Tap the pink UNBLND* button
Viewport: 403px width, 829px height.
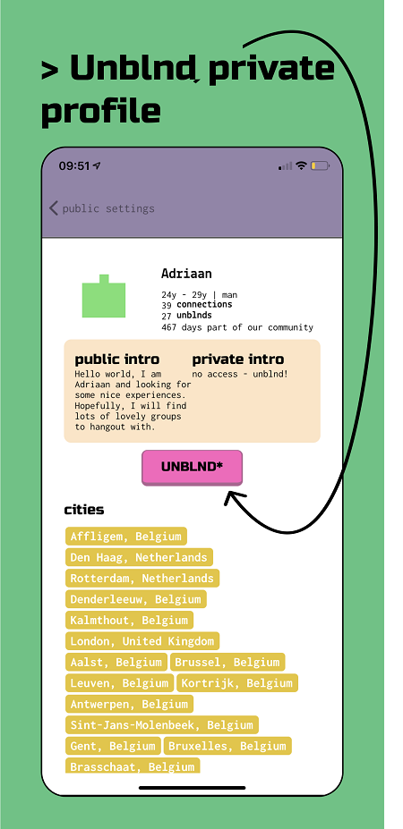(x=192, y=468)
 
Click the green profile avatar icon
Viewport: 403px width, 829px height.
(x=104, y=296)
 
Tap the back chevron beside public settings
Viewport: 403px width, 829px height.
(x=54, y=207)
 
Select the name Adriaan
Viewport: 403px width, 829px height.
(x=179, y=274)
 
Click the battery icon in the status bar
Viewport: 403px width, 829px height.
(x=320, y=166)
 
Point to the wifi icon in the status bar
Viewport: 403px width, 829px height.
(x=301, y=165)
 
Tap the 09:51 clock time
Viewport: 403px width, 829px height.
(x=74, y=166)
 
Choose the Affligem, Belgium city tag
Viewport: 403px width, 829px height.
(x=126, y=536)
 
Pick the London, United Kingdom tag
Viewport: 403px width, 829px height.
(x=141, y=641)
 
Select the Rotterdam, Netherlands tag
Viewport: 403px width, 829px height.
(x=141, y=579)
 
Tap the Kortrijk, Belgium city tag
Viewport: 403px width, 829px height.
(x=237, y=683)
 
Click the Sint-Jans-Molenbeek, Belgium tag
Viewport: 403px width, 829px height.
(x=161, y=725)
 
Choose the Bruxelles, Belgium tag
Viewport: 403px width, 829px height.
(x=227, y=746)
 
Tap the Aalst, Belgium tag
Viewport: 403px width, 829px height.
(x=116, y=662)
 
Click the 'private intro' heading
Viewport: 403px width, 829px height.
(x=238, y=360)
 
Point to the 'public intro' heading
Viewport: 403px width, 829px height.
(x=117, y=360)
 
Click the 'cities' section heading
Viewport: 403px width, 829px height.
(x=84, y=511)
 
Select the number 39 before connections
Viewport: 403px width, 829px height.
(x=167, y=305)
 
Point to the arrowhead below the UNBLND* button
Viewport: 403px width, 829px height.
(x=233, y=500)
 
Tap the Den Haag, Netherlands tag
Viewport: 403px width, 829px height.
(x=139, y=557)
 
